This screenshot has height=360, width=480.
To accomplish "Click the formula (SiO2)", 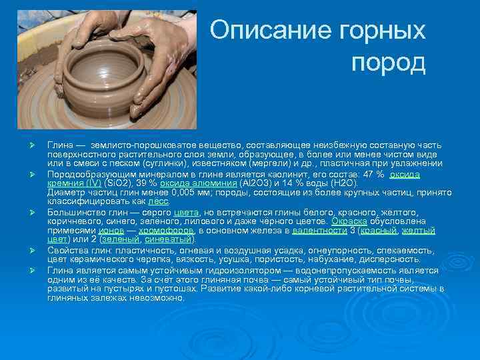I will pyautogui.click(x=119, y=183).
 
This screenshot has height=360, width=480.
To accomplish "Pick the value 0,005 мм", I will pyautogui.click(x=185, y=192).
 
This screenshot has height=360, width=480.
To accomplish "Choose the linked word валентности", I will pyautogui.click(x=316, y=230).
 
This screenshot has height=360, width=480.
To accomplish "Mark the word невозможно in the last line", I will pyautogui.click(x=154, y=297).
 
